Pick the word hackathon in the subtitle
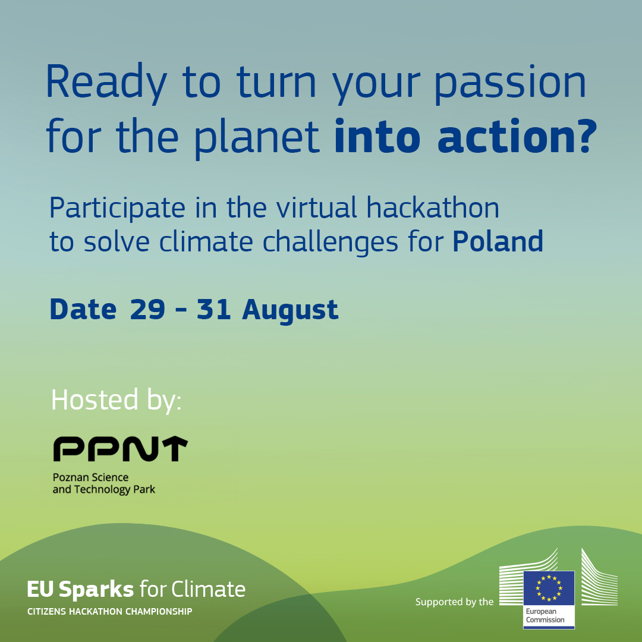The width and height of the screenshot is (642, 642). (x=432, y=207)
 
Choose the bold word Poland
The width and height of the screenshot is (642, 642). (x=498, y=241)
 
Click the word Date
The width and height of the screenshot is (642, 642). (x=83, y=310)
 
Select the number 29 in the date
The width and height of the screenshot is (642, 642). (x=147, y=310)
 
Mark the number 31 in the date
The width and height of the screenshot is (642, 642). (x=213, y=310)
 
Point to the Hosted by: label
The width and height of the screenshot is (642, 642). (x=116, y=399)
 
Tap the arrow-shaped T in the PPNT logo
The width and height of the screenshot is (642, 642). (x=173, y=449)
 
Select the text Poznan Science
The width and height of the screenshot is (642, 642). (x=90, y=477)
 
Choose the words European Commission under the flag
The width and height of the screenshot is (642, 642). (x=545, y=616)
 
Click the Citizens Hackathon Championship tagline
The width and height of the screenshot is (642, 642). (x=110, y=612)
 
